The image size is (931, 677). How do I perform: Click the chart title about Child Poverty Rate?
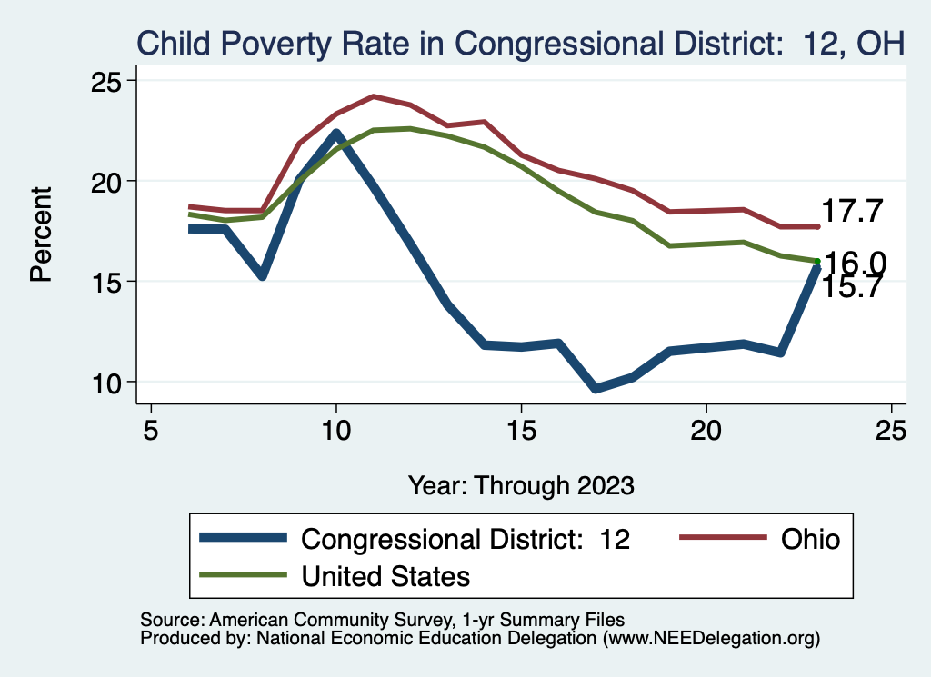[x=519, y=43]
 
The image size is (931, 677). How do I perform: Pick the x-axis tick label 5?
[x=151, y=429]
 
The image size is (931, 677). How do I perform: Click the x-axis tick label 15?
[x=521, y=429]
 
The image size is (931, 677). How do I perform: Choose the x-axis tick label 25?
[x=891, y=429]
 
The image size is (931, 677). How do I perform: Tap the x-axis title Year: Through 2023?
[x=521, y=484]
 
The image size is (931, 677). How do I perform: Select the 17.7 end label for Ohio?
[x=852, y=212]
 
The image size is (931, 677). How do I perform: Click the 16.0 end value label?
[x=855, y=263]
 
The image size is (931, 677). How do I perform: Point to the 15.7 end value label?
[x=852, y=287]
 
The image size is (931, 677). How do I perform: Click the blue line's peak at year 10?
[x=336, y=134]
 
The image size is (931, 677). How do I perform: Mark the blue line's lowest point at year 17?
[x=596, y=389]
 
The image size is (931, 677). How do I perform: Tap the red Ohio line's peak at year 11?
[x=374, y=96]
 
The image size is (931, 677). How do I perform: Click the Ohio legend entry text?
[x=810, y=539]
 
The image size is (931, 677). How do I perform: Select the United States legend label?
[x=385, y=575]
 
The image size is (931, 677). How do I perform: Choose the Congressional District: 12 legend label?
[x=465, y=539]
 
